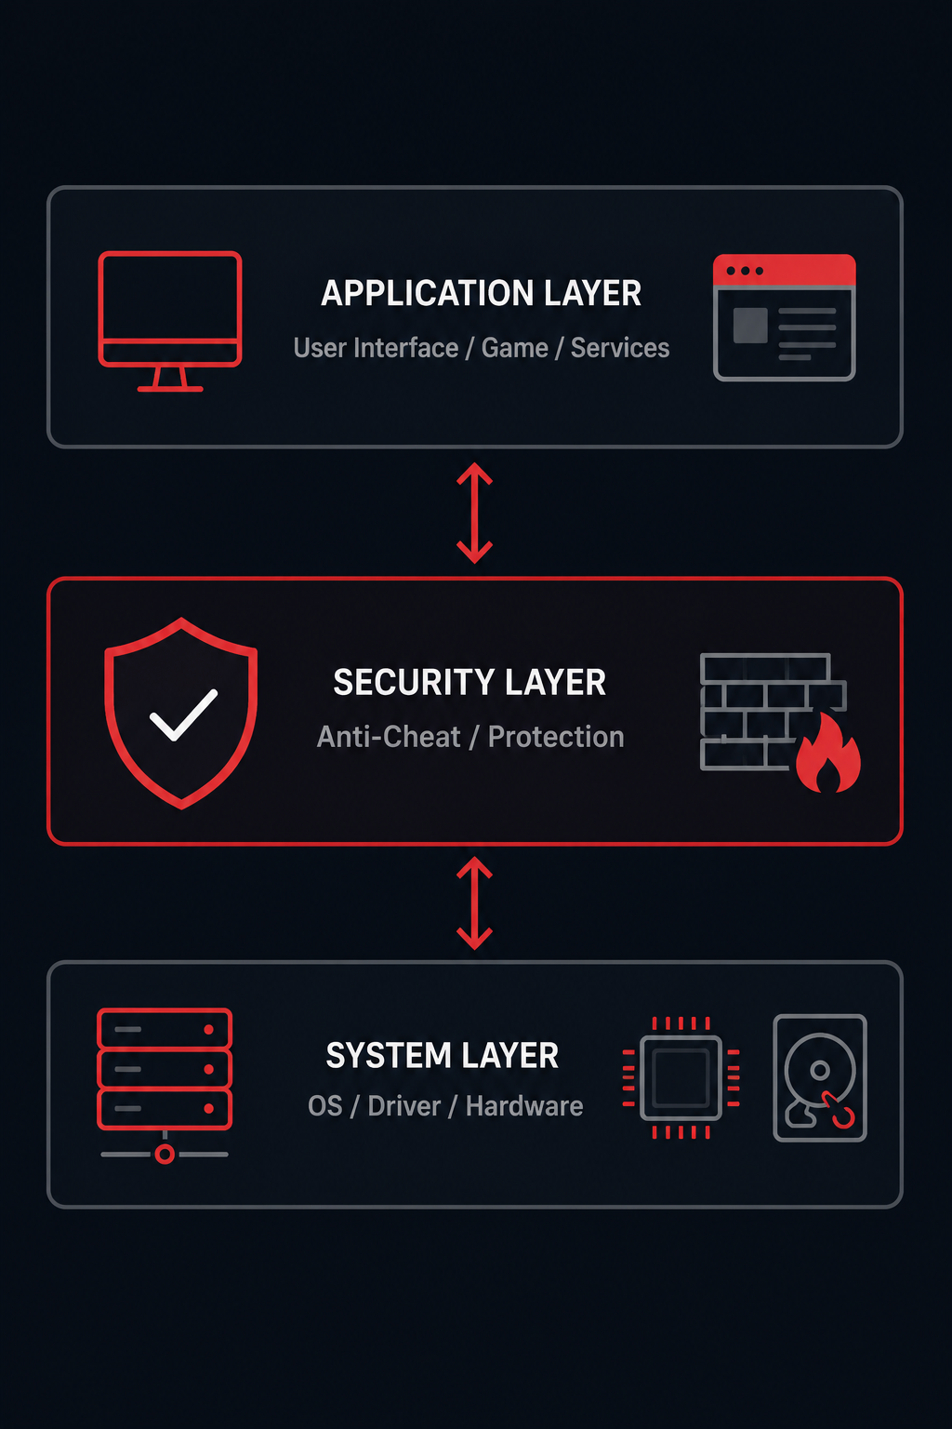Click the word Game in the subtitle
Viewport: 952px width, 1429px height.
click(514, 348)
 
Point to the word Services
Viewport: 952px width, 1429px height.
click(620, 348)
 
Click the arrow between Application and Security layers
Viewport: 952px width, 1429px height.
click(474, 513)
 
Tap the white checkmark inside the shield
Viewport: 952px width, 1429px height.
click(184, 715)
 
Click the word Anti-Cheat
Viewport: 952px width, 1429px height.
click(389, 737)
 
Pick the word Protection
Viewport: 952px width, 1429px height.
click(556, 737)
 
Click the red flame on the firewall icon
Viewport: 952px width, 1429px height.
click(828, 753)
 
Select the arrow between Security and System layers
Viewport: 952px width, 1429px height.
click(474, 902)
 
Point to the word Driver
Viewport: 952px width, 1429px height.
click(404, 1106)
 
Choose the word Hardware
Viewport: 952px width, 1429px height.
click(524, 1106)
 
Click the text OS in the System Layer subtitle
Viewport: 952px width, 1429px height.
click(325, 1106)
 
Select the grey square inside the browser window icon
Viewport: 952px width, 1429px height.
click(750, 326)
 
